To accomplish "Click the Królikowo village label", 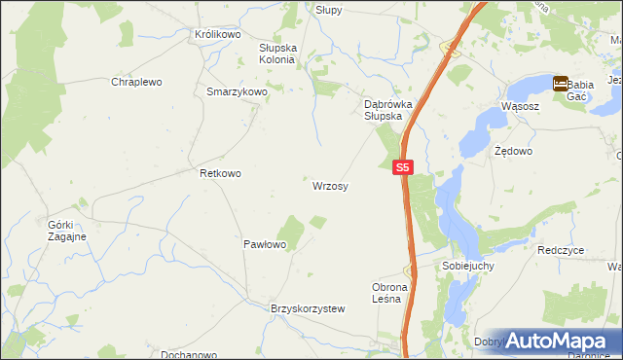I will pyautogui.click(x=217, y=34).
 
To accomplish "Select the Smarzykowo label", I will pyautogui.click(x=237, y=91).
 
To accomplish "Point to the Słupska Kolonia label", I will pyautogui.click(x=276, y=53).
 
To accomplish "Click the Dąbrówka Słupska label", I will pyautogui.click(x=383, y=109).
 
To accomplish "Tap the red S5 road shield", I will pyautogui.click(x=405, y=167).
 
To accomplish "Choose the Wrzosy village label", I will pyautogui.click(x=331, y=185).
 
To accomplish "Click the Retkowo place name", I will pyautogui.click(x=220, y=173).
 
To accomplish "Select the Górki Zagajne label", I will pyautogui.click(x=67, y=231).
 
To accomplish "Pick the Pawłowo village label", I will pyautogui.click(x=264, y=245).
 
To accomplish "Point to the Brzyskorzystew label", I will pyautogui.click(x=308, y=308).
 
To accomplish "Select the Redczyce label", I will pyautogui.click(x=560, y=250).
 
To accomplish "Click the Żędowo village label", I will pyautogui.click(x=513, y=152).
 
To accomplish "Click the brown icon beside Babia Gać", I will pyautogui.click(x=561, y=85).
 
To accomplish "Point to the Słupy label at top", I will pyautogui.click(x=328, y=9).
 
